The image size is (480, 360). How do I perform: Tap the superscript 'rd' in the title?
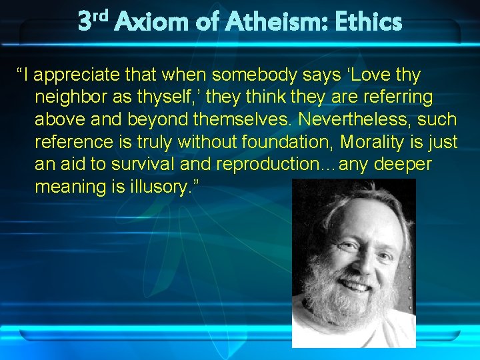pyautogui.click(x=100, y=15)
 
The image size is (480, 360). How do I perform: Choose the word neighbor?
pyautogui.click(x=75, y=97)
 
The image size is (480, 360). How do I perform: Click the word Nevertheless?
pyautogui.click(x=344, y=120)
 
